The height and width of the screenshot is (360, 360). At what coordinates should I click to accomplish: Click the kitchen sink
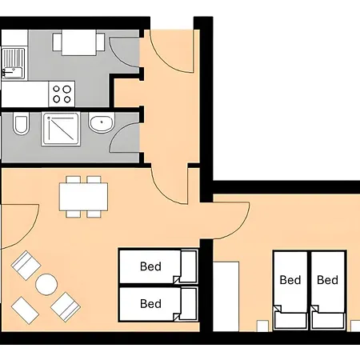[14, 64]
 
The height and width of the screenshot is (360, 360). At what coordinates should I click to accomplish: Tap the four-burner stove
[62, 94]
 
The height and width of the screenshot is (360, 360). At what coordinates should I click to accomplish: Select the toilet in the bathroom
[21, 123]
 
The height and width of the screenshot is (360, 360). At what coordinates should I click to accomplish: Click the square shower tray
[61, 129]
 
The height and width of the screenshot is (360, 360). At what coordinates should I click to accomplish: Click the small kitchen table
[78, 42]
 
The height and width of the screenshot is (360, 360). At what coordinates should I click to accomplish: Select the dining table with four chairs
[83, 197]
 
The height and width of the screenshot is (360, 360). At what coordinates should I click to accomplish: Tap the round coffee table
[46, 285]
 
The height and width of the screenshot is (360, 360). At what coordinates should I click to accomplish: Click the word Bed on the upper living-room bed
[150, 266]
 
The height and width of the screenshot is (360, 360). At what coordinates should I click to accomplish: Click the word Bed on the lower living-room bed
[150, 304]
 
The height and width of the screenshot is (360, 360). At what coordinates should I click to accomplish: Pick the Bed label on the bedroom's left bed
[290, 280]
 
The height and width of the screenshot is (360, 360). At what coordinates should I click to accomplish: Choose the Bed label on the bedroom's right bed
[327, 280]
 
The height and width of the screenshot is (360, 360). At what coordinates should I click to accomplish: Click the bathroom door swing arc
[118, 134]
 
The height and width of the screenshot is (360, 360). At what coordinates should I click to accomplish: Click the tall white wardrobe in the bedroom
[226, 297]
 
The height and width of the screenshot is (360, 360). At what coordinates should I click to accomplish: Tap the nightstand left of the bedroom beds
[262, 326]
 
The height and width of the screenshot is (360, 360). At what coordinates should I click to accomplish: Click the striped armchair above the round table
[26, 266]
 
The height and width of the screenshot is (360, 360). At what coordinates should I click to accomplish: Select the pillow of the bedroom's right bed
[328, 320]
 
